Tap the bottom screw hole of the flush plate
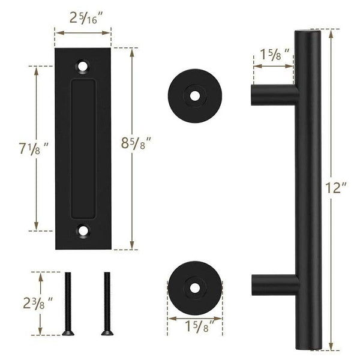(83, 229)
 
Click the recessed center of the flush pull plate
(83, 148)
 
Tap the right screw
(107, 303)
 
